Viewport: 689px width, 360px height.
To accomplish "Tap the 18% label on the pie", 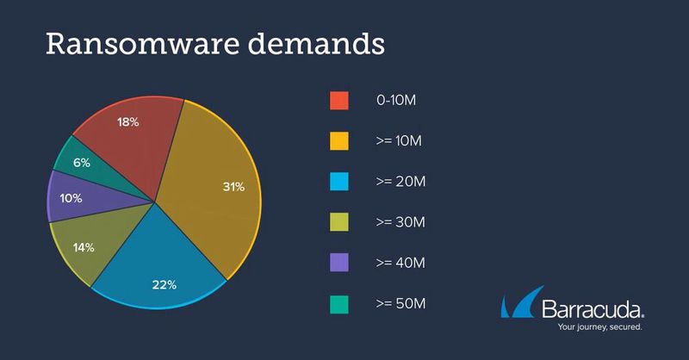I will (127, 123).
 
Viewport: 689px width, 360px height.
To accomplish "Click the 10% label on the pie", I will (71, 199).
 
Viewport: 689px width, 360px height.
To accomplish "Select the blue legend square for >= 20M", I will (339, 182).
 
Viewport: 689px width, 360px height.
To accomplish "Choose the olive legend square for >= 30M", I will (339, 222).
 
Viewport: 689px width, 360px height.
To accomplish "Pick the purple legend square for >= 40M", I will (339, 263).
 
